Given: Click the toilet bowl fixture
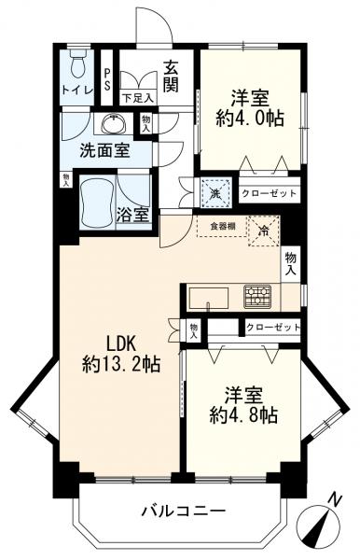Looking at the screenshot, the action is click(x=78, y=63).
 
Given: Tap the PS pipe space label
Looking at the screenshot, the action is click(x=107, y=79).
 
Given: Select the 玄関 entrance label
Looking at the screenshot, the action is click(x=172, y=77).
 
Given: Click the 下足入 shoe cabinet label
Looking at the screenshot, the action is click(x=138, y=98).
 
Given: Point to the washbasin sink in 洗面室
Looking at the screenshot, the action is click(x=114, y=123).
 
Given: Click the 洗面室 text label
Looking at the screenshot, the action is click(x=104, y=151).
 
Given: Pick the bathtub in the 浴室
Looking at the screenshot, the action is click(x=97, y=202).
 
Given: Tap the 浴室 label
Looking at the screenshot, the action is click(x=132, y=215).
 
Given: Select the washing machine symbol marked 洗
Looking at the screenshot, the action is click(x=215, y=193).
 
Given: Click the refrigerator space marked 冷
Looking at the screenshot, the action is click(x=264, y=231).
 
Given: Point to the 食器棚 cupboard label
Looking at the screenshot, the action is click(x=222, y=226).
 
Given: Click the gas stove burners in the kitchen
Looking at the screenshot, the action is click(x=257, y=297).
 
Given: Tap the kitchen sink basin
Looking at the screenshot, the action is click(x=209, y=298).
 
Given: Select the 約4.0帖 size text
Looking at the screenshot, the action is click(x=250, y=119).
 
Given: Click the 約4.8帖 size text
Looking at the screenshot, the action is click(x=243, y=415).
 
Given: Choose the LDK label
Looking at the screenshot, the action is click(x=121, y=344).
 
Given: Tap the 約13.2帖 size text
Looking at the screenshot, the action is click(x=120, y=365).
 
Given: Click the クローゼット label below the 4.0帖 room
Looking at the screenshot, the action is click(x=270, y=193).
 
